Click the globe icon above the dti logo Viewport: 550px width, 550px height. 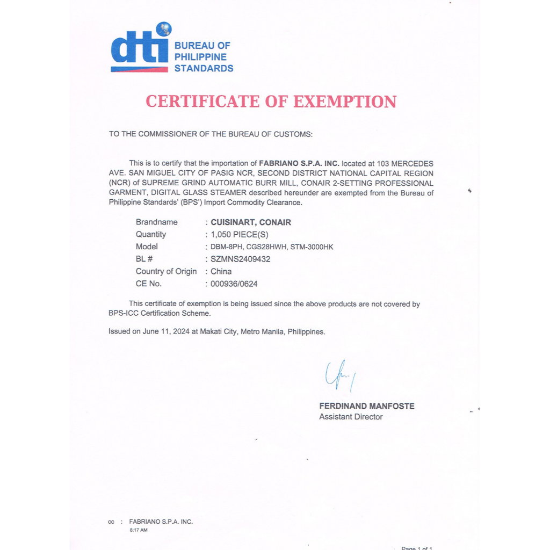163,28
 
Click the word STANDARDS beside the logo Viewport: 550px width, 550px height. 204,69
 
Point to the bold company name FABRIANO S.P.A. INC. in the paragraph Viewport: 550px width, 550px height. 299,163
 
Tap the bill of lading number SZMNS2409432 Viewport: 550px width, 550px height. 241,259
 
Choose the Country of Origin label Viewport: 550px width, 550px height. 166,271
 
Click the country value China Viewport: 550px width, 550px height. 221,271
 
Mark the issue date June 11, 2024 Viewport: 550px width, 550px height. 159,331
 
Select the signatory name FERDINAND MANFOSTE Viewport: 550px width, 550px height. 367,406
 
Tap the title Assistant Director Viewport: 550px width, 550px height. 351,417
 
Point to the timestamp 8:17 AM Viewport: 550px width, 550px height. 139,530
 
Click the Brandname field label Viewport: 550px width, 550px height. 156,222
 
